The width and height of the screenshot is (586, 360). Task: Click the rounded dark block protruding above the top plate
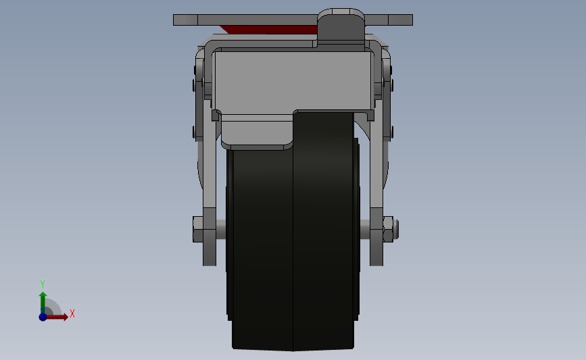point(341,26)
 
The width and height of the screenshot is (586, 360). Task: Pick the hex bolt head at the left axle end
point(198,229)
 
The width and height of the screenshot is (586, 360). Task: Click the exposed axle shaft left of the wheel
point(221,229)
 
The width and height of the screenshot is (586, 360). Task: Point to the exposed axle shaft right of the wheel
point(365,229)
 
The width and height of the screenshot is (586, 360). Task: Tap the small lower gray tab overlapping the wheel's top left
point(257,132)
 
